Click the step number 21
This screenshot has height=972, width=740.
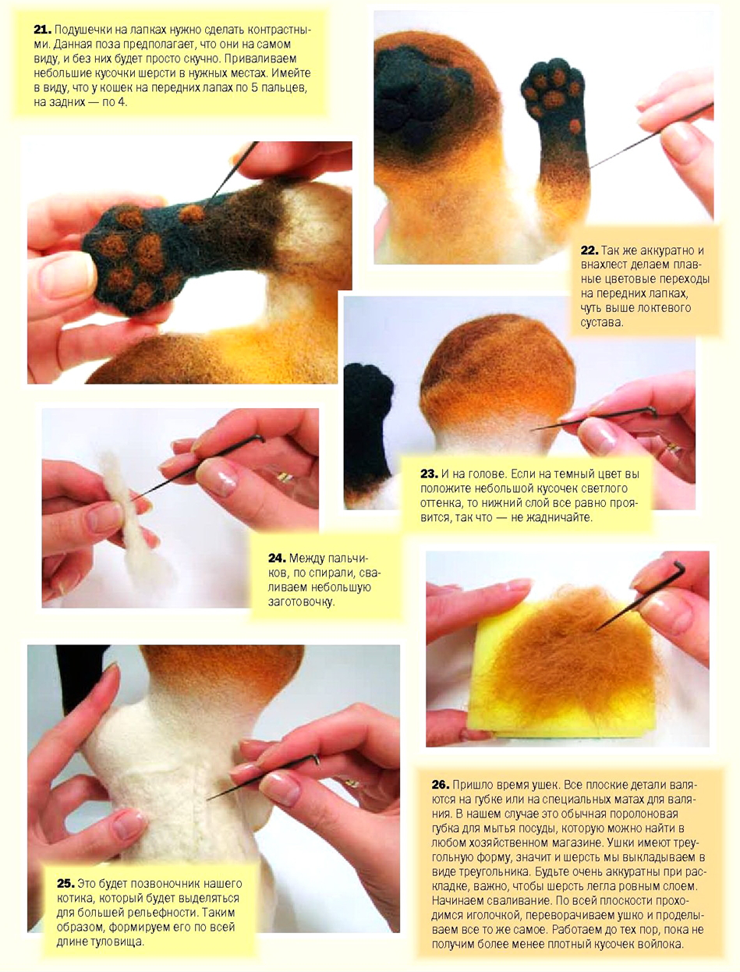42,30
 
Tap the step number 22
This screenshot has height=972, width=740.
589,250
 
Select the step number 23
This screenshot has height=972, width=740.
430,474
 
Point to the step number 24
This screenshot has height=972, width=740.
277,558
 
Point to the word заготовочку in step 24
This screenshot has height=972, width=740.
301,601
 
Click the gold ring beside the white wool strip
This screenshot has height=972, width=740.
285,477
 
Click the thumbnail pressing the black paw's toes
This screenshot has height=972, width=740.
66,275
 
